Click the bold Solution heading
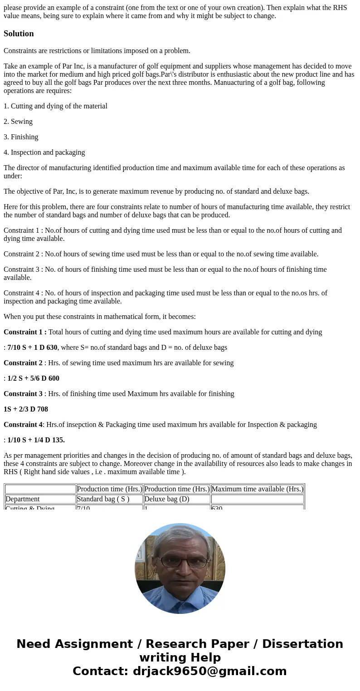(x=19, y=34)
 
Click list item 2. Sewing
(x=18, y=122)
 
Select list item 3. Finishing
(x=21, y=137)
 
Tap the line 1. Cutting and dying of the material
(x=55, y=106)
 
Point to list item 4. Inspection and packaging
(x=44, y=152)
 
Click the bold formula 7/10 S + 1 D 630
(x=32, y=348)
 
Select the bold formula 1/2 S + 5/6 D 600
(x=33, y=378)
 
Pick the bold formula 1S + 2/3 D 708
(x=26, y=409)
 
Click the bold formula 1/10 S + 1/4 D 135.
(x=36, y=440)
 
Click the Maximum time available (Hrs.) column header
(x=257, y=489)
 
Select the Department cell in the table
(x=23, y=499)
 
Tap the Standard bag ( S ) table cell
(x=103, y=499)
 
